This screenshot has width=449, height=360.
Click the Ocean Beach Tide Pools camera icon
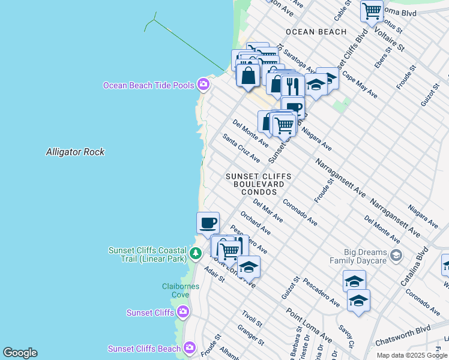click(203, 85)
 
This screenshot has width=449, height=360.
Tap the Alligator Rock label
click(75, 152)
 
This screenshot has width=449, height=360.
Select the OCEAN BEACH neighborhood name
click(316, 32)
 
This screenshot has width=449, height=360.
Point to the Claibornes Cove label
click(180, 290)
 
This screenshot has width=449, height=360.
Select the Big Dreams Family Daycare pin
click(396, 256)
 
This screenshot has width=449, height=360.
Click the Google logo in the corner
click(20, 353)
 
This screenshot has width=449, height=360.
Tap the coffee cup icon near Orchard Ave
click(208, 223)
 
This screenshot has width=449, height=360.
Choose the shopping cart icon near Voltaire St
click(372, 11)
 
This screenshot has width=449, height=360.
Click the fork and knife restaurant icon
click(292, 86)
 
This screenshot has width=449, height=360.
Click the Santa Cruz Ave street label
click(241, 148)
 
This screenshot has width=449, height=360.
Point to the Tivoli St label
click(252, 319)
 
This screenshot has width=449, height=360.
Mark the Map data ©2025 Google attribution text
click(412, 355)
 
